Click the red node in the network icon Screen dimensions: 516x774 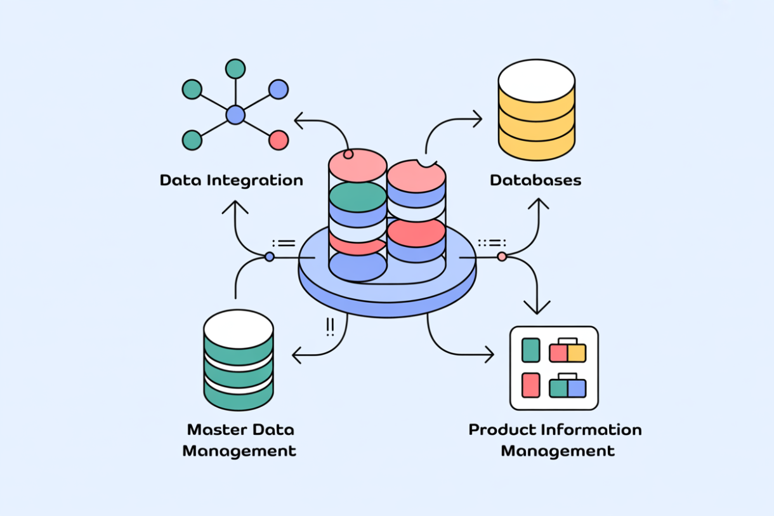[x=279, y=140]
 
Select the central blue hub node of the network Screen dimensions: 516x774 [x=235, y=115]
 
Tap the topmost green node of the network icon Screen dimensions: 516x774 [x=235, y=69]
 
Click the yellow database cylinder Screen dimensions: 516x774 [x=536, y=111]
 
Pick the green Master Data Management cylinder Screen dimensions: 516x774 [x=239, y=360]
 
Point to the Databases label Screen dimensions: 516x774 [x=535, y=180]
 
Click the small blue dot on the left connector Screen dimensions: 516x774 [x=270, y=257]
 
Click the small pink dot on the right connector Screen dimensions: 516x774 [x=502, y=256]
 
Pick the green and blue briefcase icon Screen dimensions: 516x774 [x=567, y=387]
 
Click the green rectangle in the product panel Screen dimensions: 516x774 [x=530, y=350]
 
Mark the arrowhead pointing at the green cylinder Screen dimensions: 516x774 [x=296, y=355]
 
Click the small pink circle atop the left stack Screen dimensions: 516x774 [x=348, y=154]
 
